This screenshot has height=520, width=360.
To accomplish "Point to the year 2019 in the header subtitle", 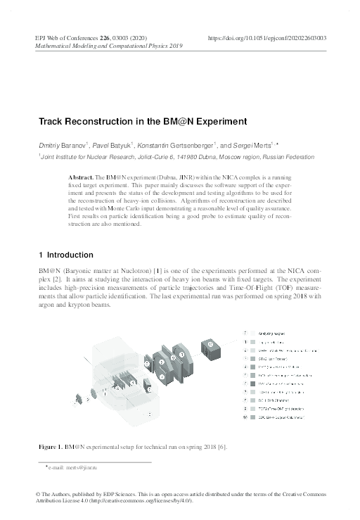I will click(x=173, y=45).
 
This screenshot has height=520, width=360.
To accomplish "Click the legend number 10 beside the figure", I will click(x=245, y=418).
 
